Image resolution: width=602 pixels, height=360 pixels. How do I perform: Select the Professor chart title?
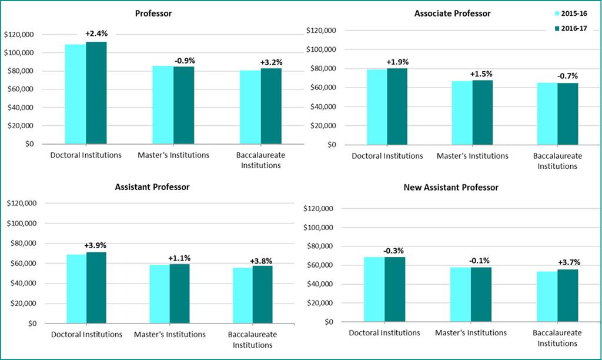click(153, 13)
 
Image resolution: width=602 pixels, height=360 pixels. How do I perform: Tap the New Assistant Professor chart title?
click(450, 187)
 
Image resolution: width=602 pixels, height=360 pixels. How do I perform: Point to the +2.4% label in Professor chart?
click(96, 34)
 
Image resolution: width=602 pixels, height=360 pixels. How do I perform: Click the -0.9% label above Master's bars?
click(184, 60)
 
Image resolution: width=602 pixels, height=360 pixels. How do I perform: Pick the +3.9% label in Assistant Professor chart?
click(95, 245)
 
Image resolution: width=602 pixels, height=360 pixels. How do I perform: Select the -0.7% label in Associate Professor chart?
click(567, 75)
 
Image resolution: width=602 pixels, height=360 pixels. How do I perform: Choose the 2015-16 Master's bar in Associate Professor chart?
click(462, 112)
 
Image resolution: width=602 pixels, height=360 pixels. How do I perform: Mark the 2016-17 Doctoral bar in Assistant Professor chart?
click(96, 288)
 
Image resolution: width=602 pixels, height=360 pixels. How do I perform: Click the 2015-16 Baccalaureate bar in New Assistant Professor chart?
click(547, 296)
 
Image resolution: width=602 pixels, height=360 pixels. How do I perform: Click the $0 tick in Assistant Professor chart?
click(29, 324)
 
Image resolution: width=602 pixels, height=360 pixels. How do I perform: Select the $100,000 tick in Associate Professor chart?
click(322, 49)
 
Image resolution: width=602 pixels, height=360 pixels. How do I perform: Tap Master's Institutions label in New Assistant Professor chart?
click(470, 333)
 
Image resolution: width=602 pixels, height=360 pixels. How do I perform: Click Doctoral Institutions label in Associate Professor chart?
click(387, 156)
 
